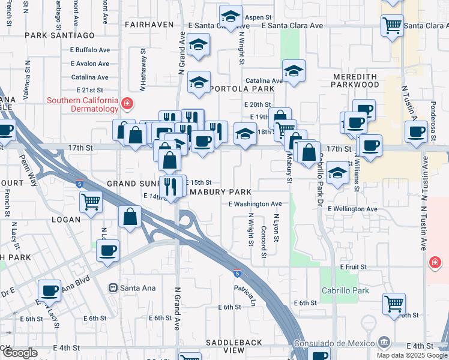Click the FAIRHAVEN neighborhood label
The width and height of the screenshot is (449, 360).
(149, 25)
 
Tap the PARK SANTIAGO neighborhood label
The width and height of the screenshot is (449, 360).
(60, 36)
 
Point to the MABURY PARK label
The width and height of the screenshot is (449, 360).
(220, 193)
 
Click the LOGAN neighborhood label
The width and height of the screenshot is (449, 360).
(66, 220)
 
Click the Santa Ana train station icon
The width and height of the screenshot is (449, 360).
(112, 288)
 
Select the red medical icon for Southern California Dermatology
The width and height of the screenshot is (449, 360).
(127, 104)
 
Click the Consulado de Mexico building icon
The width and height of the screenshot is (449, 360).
(384, 343)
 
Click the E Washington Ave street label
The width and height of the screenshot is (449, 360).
(255, 204)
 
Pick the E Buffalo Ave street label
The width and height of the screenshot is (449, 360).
(89, 50)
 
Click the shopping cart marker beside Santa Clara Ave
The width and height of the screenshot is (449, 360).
(392, 26)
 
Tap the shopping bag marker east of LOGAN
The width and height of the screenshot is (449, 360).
(130, 217)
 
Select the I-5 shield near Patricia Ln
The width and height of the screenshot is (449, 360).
(238, 273)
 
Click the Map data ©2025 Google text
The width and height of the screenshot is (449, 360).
(412, 355)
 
